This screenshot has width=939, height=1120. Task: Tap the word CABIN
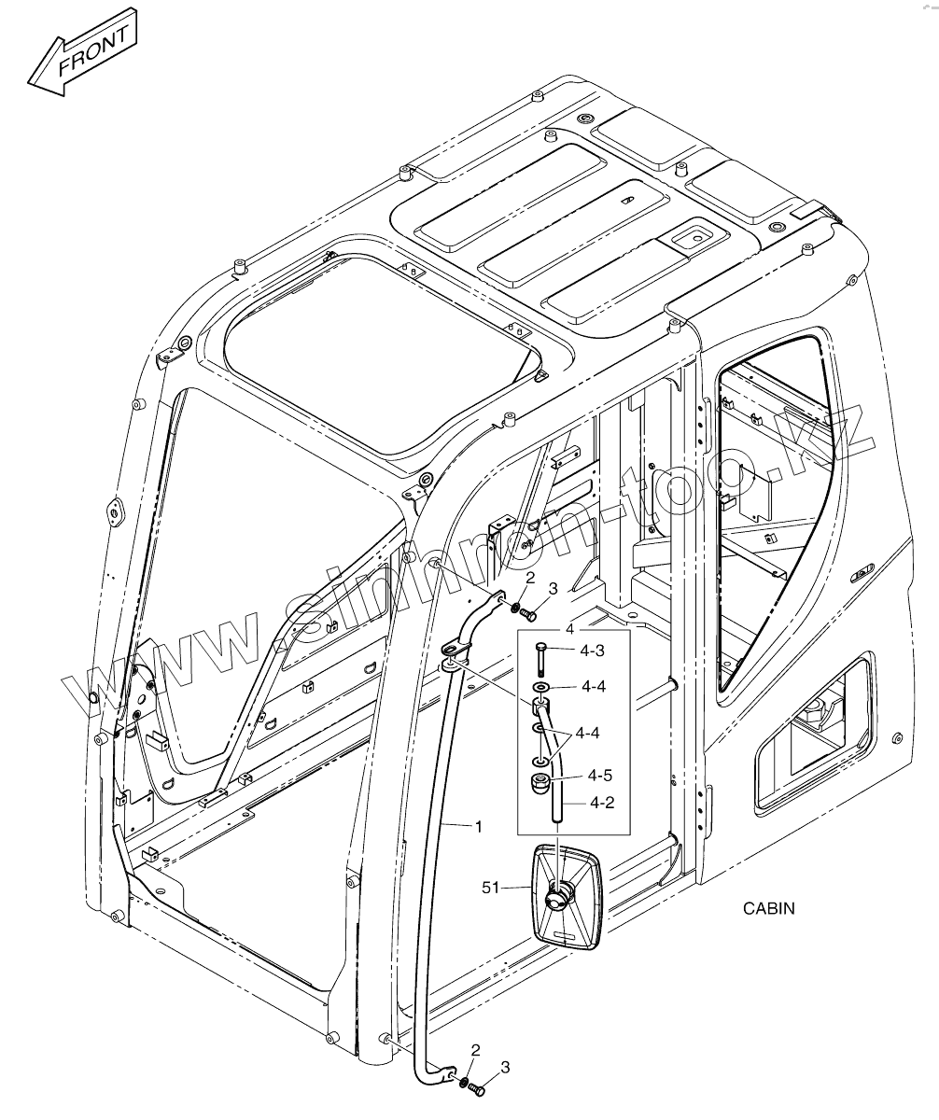[769, 907]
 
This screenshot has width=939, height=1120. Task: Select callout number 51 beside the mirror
[492, 888]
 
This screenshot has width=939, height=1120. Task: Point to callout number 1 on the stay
[478, 826]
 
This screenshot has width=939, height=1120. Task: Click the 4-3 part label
[593, 651]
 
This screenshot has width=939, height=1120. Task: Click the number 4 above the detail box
[569, 629]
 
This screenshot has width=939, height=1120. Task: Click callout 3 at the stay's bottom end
[505, 1067]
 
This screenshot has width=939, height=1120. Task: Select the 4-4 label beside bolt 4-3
[593, 687]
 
